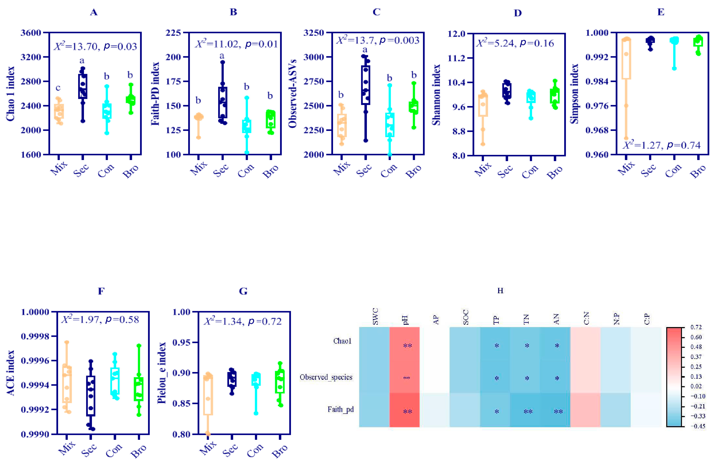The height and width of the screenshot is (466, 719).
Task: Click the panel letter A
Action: (x=94, y=12)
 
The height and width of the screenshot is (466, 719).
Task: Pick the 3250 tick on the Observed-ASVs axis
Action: (x=314, y=33)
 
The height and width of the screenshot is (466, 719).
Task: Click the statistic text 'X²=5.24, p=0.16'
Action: (x=515, y=43)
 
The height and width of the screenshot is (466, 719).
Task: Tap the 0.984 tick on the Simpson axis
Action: (x=597, y=81)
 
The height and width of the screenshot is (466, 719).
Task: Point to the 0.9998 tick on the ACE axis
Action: (x=35, y=336)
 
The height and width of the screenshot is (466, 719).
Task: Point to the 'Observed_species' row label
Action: (x=326, y=377)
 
